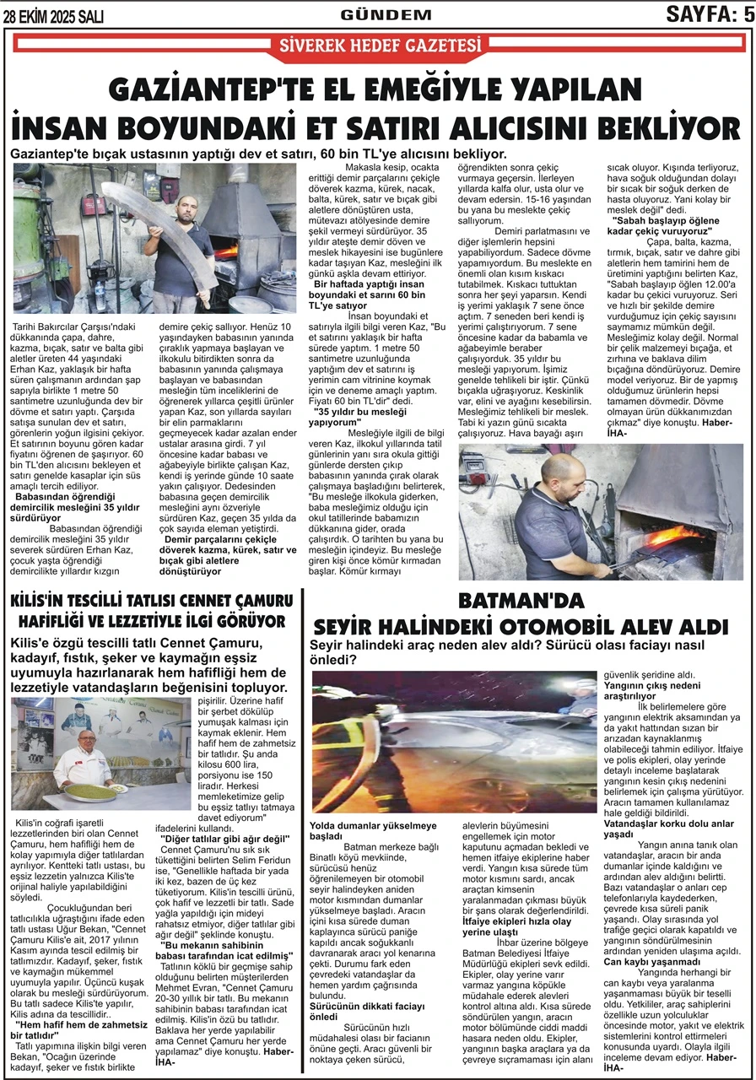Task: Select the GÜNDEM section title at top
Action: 386,14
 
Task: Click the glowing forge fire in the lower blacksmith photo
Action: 671,536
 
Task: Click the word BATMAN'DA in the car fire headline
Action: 521,601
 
